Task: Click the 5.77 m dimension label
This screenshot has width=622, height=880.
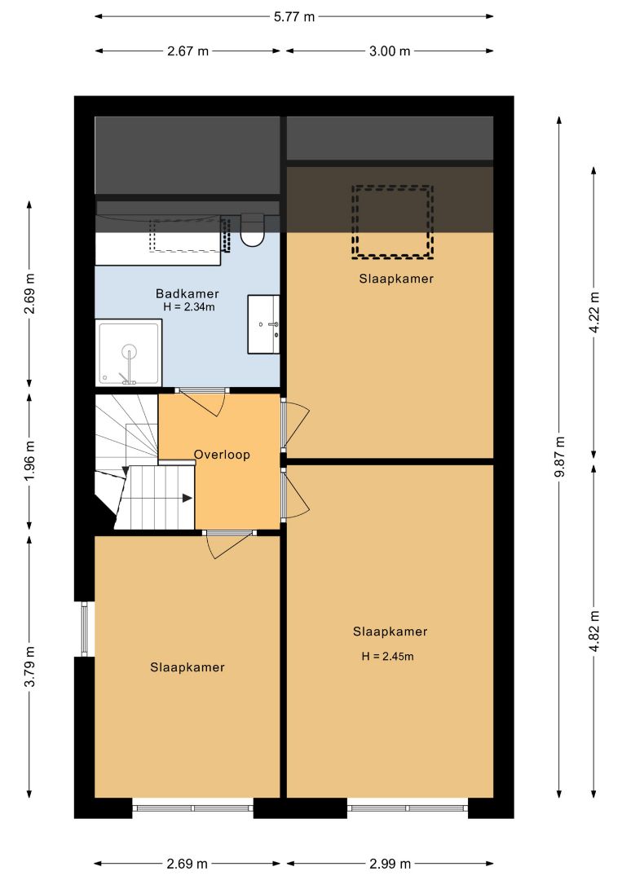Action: tap(294, 17)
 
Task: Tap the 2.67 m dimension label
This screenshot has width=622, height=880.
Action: tap(188, 51)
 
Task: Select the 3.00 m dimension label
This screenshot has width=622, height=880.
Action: tap(390, 51)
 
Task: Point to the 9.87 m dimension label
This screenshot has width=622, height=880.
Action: tap(559, 456)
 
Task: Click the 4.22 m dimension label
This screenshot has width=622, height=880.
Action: tap(594, 312)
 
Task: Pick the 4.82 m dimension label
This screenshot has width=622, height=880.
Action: tap(594, 631)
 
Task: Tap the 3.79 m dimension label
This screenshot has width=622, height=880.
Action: tap(29, 666)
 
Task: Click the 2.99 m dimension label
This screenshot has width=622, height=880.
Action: tap(390, 863)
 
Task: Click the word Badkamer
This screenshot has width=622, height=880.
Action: tap(187, 293)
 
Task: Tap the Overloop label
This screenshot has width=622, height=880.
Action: tap(222, 455)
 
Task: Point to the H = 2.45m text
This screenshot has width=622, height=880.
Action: tap(387, 656)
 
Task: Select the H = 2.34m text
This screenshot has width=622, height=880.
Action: tap(188, 306)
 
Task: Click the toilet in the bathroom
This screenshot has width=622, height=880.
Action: tap(253, 230)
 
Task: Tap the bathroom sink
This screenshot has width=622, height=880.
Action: tap(263, 324)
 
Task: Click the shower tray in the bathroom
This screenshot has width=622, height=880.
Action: tap(129, 353)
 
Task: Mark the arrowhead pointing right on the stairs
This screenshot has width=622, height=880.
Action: tap(187, 498)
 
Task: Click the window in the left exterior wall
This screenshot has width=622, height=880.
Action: tap(84, 629)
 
